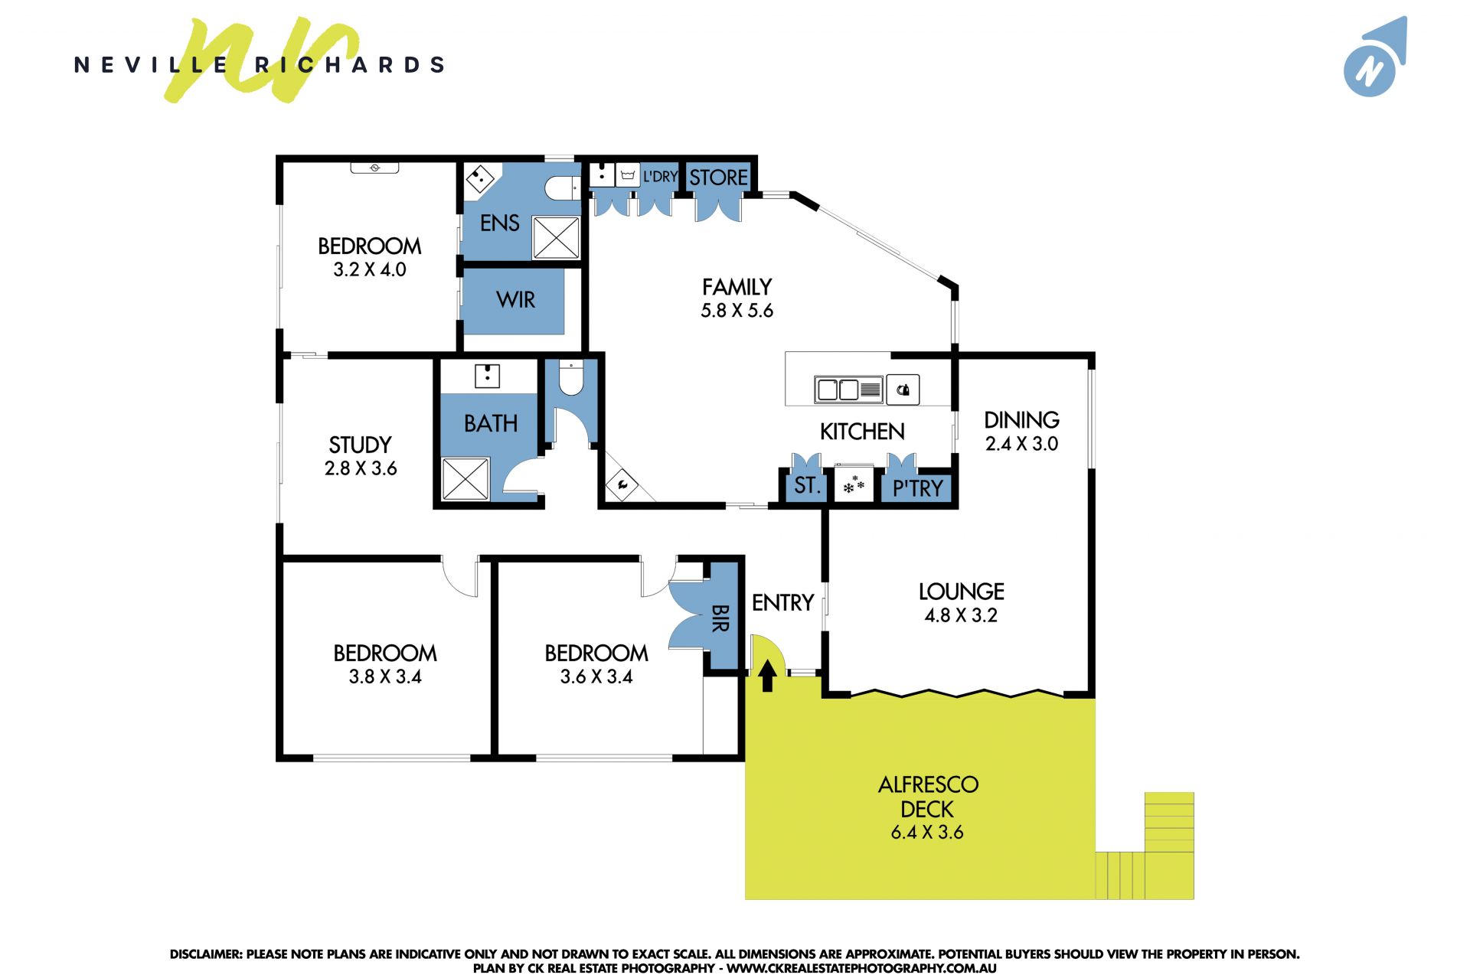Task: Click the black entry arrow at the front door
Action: click(x=767, y=676)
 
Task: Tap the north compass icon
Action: click(x=1375, y=57)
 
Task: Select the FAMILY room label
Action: click(x=737, y=287)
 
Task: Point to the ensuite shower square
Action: click(x=556, y=237)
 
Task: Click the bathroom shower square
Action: click(x=465, y=479)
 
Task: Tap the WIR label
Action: click(x=515, y=300)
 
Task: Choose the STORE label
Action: click(x=718, y=178)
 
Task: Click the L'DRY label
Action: click(x=660, y=177)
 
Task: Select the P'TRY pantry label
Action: click(x=917, y=488)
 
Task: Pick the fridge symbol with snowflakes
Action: click(x=854, y=484)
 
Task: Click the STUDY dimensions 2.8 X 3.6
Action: click(x=361, y=468)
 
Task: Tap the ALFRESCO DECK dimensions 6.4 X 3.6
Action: click(x=926, y=833)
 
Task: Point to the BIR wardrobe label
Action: click(x=720, y=618)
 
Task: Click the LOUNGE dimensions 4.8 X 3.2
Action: click(x=961, y=615)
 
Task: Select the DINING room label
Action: click(x=1021, y=420)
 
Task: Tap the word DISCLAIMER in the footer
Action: click(x=206, y=954)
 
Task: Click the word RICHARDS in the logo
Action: click(x=349, y=65)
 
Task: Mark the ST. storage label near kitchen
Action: click(x=806, y=485)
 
